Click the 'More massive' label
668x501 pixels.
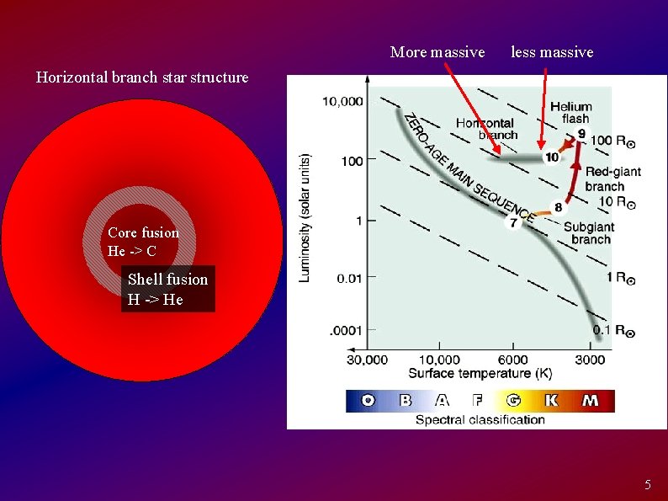[x=437, y=52]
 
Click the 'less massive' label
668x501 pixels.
[x=552, y=52]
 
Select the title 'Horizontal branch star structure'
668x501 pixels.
[x=142, y=77]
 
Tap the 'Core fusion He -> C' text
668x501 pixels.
[x=143, y=242]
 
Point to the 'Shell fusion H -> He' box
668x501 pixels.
[x=167, y=289]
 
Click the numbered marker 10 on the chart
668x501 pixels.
[x=551, y=157]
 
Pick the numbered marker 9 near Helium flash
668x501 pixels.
[x=581, y=134]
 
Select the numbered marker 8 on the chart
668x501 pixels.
[x=558, y=207]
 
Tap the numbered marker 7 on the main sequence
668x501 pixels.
[x=513, y=223]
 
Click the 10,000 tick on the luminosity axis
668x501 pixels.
[x=342, y=102]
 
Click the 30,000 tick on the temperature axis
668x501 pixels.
[x=367, y=360]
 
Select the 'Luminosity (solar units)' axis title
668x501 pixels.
[x=306, y=217]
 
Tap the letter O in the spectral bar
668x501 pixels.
[x=368, y=401]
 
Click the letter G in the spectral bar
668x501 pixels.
[x=513, y=401]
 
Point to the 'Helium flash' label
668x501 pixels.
[x=570, y=113]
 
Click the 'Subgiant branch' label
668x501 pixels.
[x=589, y=233]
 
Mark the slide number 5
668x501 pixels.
[x=647, y=485]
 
